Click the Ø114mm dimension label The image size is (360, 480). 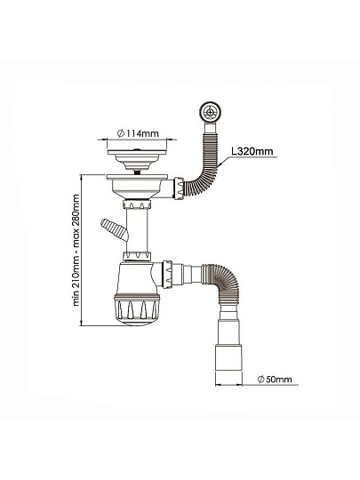click(x=138, y=133)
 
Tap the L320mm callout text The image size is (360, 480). click(x=252, y=151)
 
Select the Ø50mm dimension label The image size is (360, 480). click(x=275, y=380)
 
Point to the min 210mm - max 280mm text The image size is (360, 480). click(x=76, y=250)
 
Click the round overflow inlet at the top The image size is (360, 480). click(x=210, y=112)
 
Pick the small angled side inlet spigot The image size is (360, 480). click(x=114, y=229)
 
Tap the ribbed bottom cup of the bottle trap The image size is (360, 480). click(x=137, y=309)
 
